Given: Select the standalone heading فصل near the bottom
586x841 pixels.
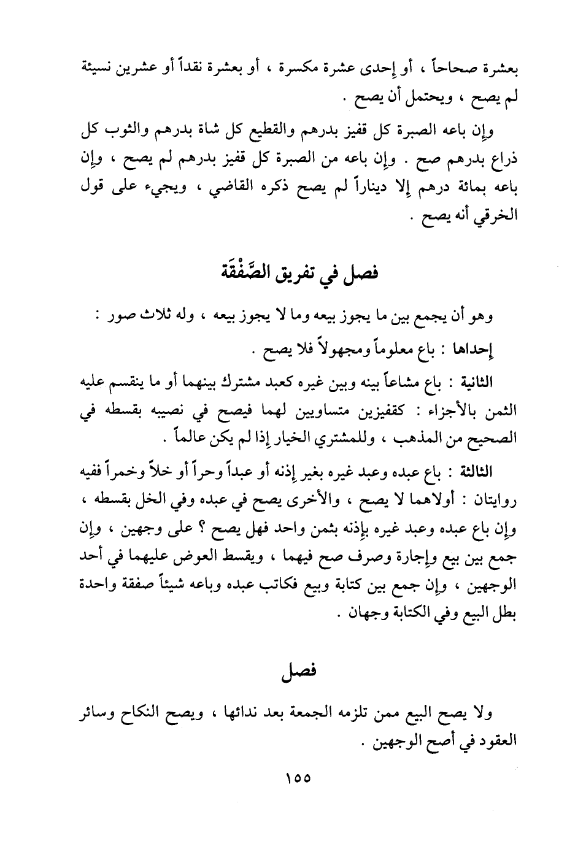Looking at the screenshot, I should click(x=299, y=671).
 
